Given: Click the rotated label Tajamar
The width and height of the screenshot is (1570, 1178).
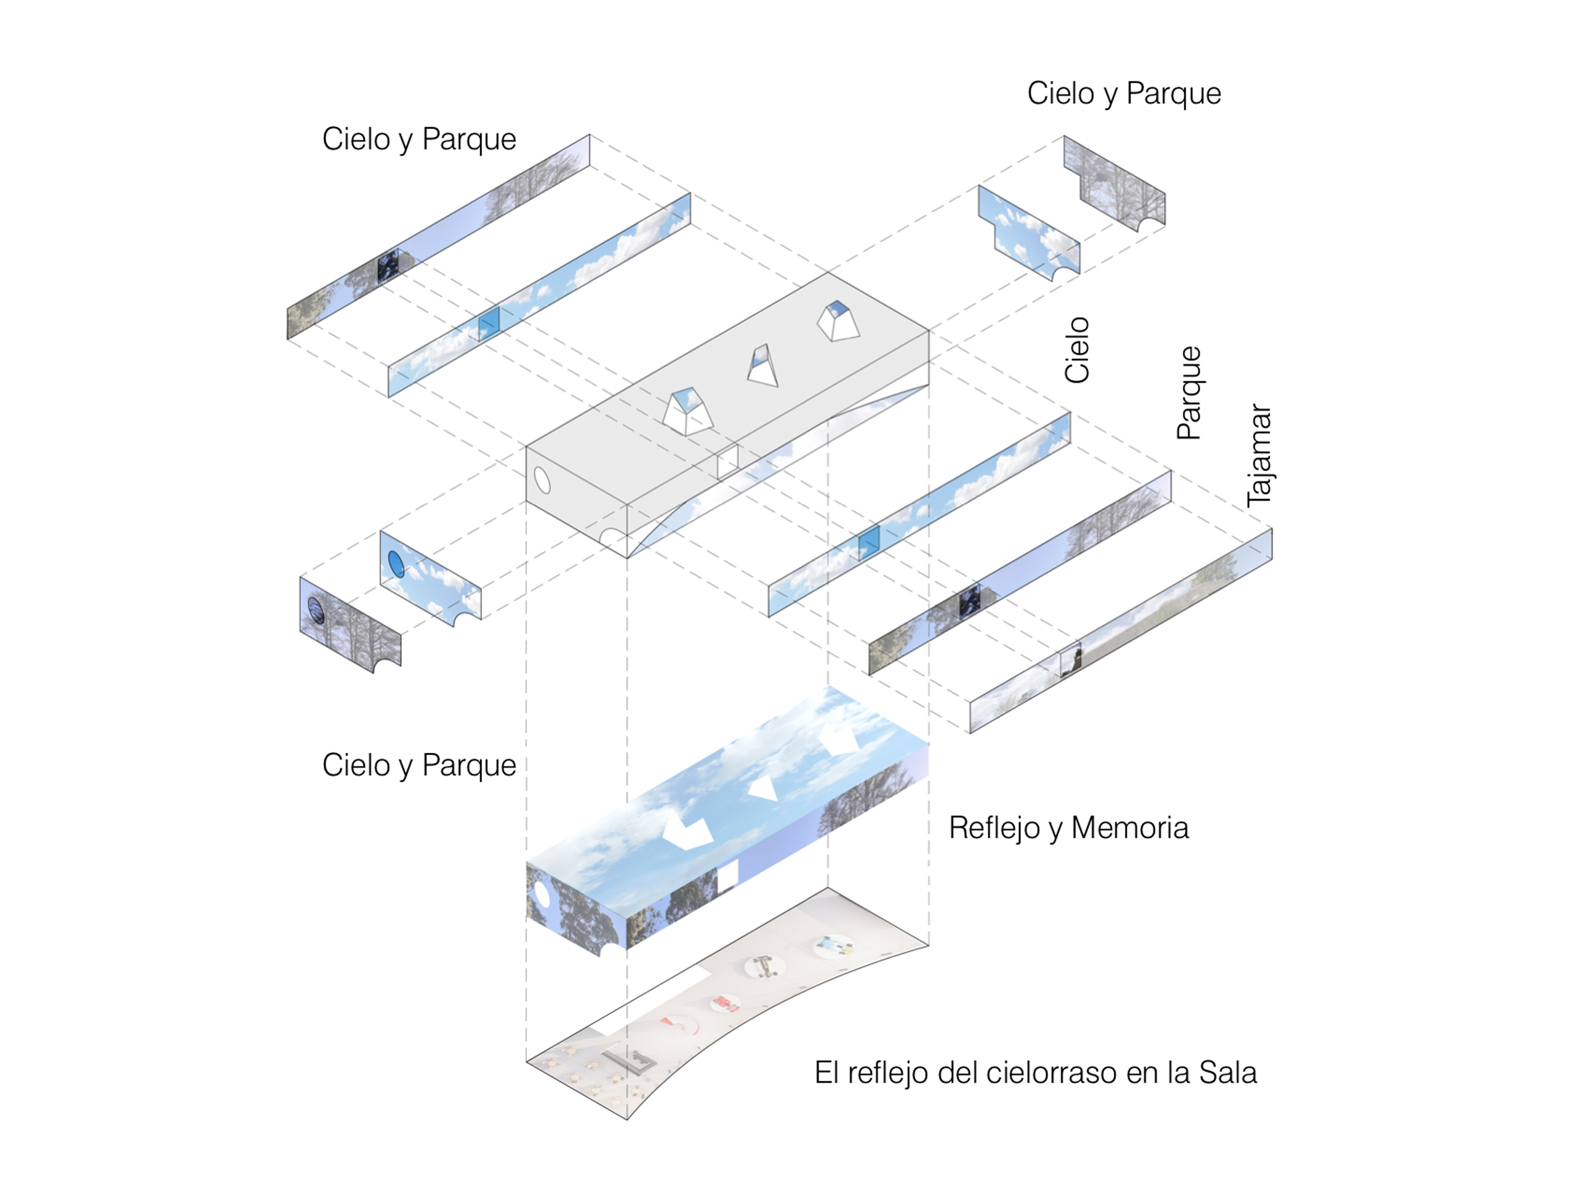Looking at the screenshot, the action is [1259, 455].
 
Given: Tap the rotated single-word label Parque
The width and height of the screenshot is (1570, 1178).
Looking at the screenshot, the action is [1189, 393].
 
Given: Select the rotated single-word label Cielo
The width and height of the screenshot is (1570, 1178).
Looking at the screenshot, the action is [1077, 350].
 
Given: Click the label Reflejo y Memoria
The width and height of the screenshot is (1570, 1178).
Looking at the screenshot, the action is [1068, 828].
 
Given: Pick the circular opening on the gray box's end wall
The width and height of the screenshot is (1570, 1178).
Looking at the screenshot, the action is [542, 480].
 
